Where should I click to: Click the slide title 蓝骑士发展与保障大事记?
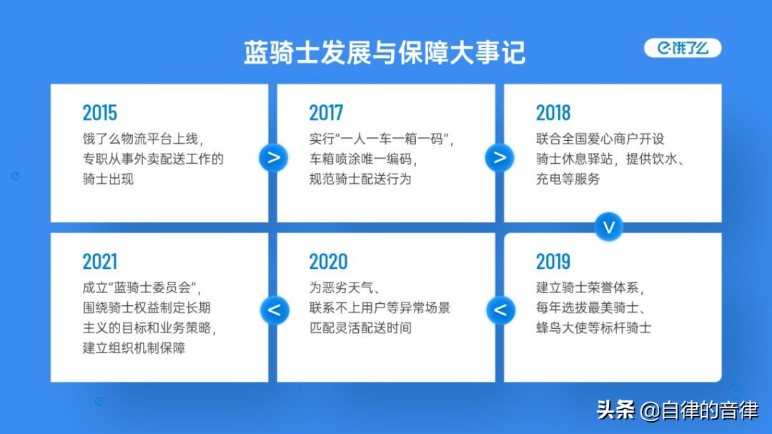point(385,53)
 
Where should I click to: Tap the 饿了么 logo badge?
point(683,48)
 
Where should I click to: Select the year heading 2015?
point(100,113)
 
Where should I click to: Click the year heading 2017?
point(326,113)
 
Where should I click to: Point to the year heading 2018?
point(553,113)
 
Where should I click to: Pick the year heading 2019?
point(553,262)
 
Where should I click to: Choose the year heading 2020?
point(328,262)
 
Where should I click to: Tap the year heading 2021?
point(100,262)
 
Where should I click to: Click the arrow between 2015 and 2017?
point(273,157)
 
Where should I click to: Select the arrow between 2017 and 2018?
point(499,157)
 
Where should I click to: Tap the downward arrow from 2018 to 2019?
point(608,227)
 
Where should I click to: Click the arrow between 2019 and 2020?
point(500,310)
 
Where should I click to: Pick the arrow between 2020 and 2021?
point(274,310)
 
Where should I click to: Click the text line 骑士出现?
point(108,179)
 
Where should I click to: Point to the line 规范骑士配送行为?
point(360,179)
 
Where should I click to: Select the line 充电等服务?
point(568,179)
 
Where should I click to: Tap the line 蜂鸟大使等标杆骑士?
point(593,327)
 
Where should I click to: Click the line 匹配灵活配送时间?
point(360,327)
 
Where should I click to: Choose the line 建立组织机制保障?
point(134,347)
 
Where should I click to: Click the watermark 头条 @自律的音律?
point(678,410)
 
